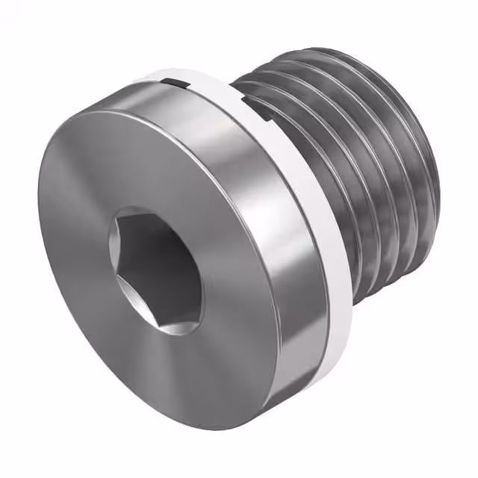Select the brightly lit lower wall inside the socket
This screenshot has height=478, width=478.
point(168,314)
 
